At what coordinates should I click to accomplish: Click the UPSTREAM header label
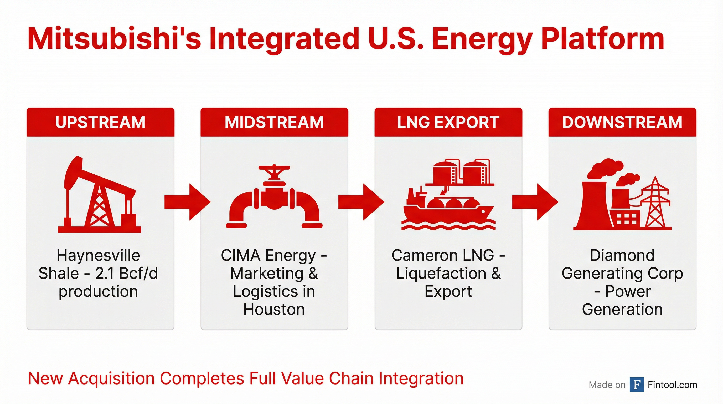100,122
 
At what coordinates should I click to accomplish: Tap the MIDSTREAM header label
274,122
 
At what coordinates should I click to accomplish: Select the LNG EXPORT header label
448,122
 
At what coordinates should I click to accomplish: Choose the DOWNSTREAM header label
622,122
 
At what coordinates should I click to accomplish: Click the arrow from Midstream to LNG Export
361,202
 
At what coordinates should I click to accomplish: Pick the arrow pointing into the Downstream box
535,202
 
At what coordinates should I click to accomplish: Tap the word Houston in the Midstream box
274,309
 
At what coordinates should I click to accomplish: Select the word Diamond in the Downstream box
622,255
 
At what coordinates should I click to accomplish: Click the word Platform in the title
602,39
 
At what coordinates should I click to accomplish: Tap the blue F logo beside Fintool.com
637,385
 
